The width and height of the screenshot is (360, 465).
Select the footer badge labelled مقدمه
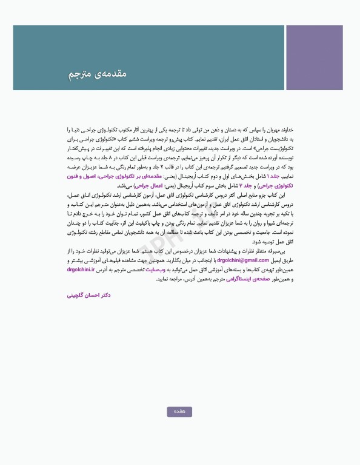tap(179, 412)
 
